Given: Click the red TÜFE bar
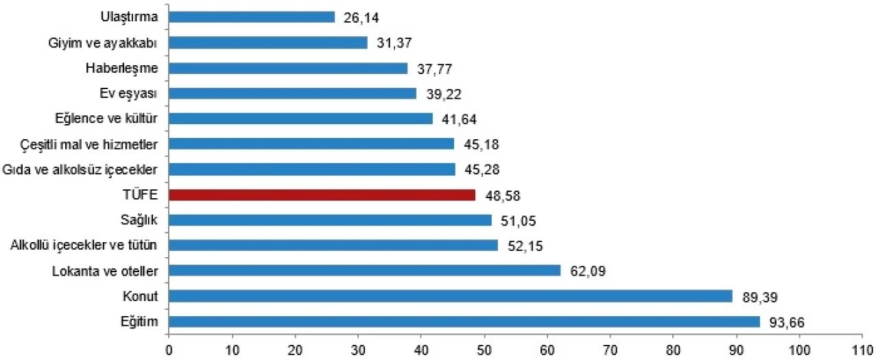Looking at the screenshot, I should pyautogui.click(x=322, y=195).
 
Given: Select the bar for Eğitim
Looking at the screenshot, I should pyautogui.click(x=464, y=322).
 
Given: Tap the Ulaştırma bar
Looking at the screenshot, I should pyautogui.click(x=251, y=17).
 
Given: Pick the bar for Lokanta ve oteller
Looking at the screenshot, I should pyautogui.click(x=364, y=271).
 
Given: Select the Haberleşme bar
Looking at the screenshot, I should pyautogui.click(x=288, y=68).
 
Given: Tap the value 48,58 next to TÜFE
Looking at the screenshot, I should pyautogui.click(x=502, y=195).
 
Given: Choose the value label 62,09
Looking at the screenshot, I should pyautogui.click(x=587, y=272).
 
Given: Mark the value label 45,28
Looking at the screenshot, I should pyautogui.click(x=482, y=170).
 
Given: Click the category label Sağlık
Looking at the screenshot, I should pyautogui.click(x=139, y=220).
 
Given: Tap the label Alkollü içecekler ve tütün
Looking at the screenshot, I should pyautogui.click(x=85, y=245).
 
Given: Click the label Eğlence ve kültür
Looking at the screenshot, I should pyautogui.click(x=108, y=119).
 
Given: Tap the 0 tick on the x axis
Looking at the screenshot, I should pyautogui.click(x=169, y=348).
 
